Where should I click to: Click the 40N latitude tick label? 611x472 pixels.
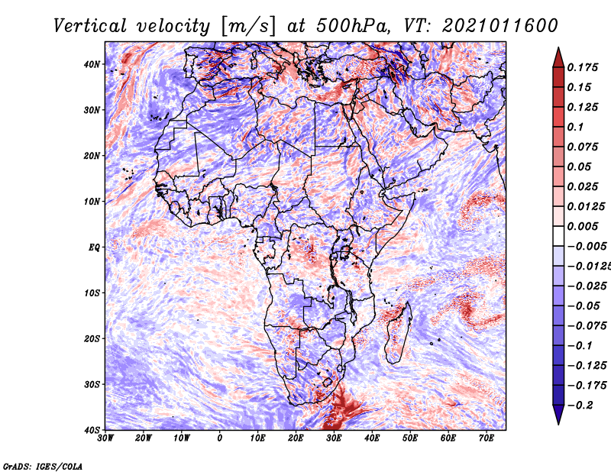pyautogui.click(x=92, y=64)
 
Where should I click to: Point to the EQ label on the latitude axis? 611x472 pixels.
pyautogui.click(x=94, y=247)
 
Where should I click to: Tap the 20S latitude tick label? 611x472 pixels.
pyautogui.click(x=92, y=338)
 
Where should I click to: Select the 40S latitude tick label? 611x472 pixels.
pyautogui.click(x=92, y=430)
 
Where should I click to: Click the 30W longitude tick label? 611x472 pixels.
pyautogui.click(x=105, y=438)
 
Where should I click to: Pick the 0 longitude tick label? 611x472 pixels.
pyautogui.click(x=220, y=438)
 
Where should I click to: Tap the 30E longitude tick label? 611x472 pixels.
pyautogui.click(x=334, y=438)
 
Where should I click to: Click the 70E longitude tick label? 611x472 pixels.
pyautogui.click(x=487, y=438)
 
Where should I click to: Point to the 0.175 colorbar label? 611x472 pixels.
pyautogui.click(x=583, y=67)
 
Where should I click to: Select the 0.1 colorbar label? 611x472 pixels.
pyautogui.click(x=575, y=127)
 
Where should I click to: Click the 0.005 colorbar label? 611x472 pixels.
pyautogui.click(x=583, y=226)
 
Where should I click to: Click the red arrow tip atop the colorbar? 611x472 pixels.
pyautogui.click(x=558, y=47)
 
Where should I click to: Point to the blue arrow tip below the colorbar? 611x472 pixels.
pyautogui.click(x=558, y=425)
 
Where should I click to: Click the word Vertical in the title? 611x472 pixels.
pyautogui.click(x=90, y=26)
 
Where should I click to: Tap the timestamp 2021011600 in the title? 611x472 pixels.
pyautogui.click(x=500, y=26)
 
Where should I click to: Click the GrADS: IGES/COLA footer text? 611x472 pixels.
pyautogui.click(x=43, y=467)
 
